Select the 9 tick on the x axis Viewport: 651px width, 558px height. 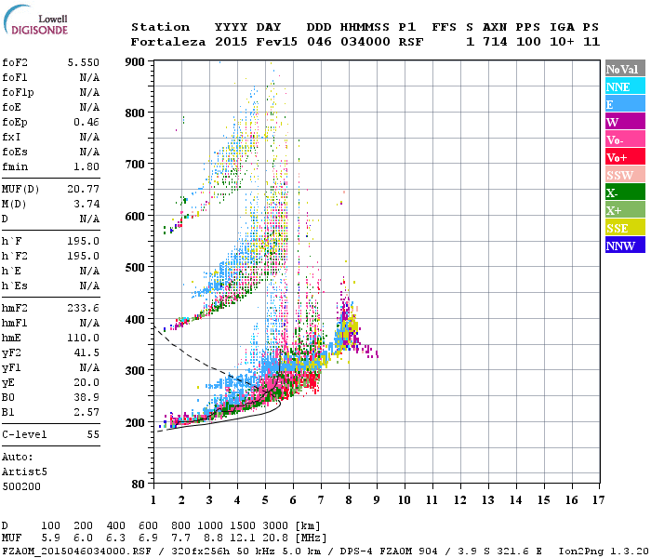click(x=377, y=500)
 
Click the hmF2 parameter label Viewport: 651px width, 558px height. click(x=17, y=308)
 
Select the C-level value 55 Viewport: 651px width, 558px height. click(x=93, y=434)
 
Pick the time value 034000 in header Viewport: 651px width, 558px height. click(x=366, y=42)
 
